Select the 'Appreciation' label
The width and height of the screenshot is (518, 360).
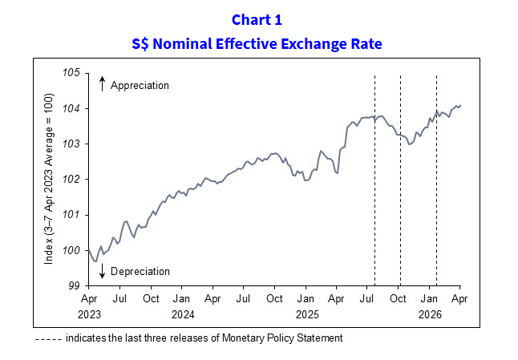click(x=140, y=85)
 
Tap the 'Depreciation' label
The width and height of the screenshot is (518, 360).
click(x=140, y=272)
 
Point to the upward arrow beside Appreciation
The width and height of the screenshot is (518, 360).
click(x=103, y=84)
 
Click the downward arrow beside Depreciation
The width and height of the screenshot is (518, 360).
click(x=103, y=272)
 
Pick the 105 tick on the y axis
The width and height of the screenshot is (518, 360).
click(x=71, y=73)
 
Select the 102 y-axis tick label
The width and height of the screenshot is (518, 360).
click(x=71, y=179)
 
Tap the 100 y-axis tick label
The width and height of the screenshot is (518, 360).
click(x=71, y=250)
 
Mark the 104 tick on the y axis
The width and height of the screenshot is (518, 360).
click(x=71, y=108)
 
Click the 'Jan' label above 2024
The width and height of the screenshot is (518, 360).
click(x=181, y=299)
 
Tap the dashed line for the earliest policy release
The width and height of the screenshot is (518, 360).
click(x=374, y=200)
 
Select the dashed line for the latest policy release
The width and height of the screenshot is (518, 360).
click(x=435, y=200)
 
